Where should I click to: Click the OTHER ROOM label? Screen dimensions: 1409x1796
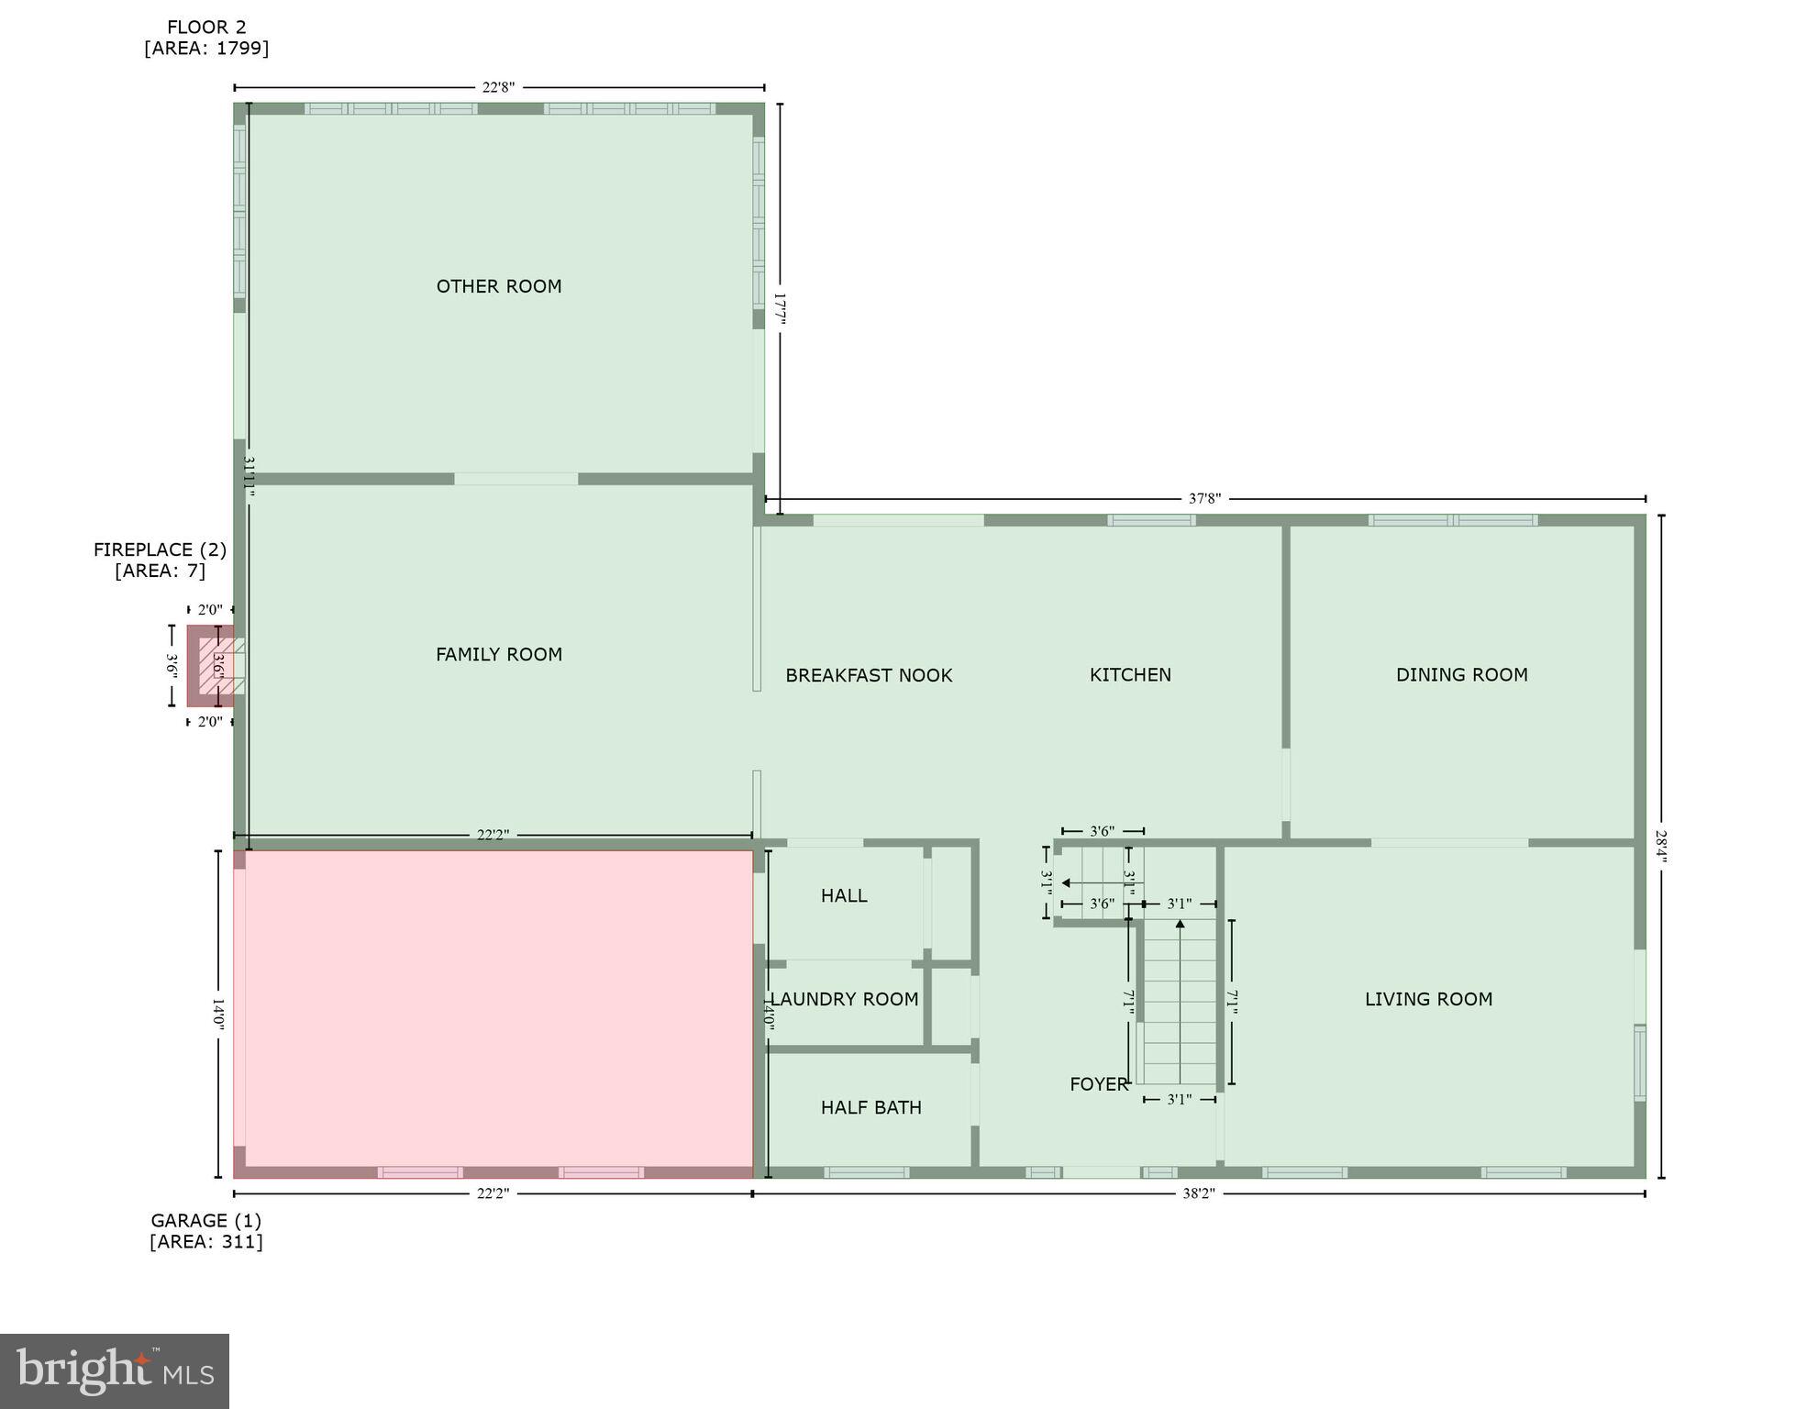tap(498, 286)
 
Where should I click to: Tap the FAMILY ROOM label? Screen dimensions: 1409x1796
tap(498, 654)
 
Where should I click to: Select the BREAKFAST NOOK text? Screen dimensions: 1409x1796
tap(868, 675)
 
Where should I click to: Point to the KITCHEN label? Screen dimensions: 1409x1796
tap(1129, 674)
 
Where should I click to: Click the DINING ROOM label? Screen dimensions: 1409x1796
tap(1461, 674)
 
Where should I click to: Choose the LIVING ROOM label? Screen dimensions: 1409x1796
tap(1427, 999)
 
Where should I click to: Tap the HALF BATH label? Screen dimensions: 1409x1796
tap(870, 1107)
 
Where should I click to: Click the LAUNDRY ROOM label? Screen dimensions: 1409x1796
tap(843, 999)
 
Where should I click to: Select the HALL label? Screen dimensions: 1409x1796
tap(843, 895)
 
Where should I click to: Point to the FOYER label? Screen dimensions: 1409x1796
tap(1098, 1084)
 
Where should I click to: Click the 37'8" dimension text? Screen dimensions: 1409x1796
tap(1204, 499)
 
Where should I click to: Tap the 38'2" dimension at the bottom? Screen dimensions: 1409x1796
tap(1198, 1193)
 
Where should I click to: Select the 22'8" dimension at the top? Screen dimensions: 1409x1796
tap(498, 87)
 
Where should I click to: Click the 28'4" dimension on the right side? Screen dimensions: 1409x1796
tap(1661, 847)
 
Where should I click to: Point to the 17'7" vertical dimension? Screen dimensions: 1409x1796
tap(780, 309)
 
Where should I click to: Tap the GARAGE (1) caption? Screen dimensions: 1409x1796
tap(205, 1221)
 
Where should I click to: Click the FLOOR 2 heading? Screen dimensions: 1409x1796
tap(206, 28)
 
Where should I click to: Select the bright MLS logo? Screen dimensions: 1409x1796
tap(115, 1371)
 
